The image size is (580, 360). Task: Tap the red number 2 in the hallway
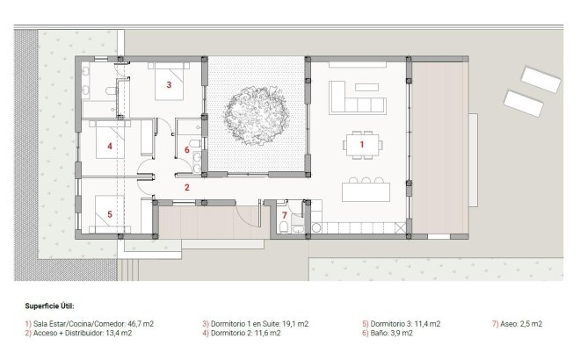click(x=187, y=187)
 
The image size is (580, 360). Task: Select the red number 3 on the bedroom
click(x=168, y=85)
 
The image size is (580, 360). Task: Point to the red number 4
click(x=109, y=147)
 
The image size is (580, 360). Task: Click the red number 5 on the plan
click(x=109, y=213)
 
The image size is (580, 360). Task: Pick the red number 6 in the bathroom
click(x=187, y=150)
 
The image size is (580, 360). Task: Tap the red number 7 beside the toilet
click(x=284, y=215)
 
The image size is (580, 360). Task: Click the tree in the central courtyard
click(x=255, y=112)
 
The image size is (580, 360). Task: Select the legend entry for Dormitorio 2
click(x=242, y=334)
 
